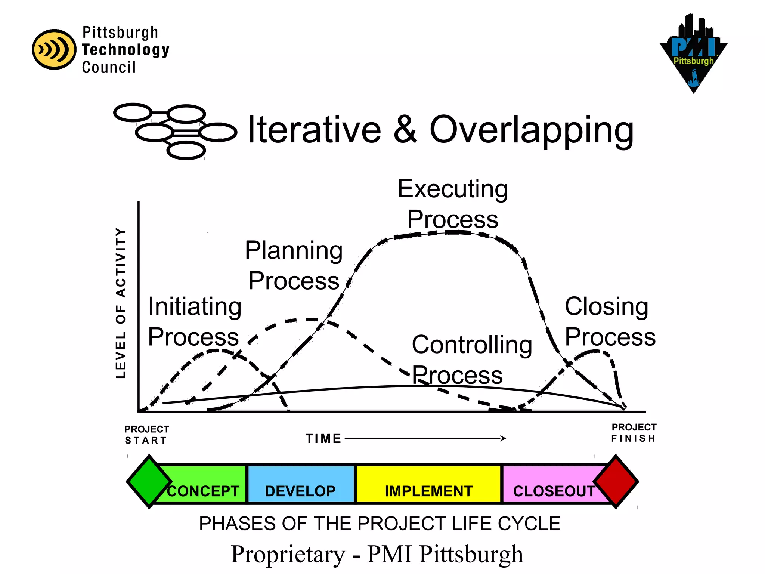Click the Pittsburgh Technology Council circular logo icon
pos(54,49)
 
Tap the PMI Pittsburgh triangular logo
pos(693,54)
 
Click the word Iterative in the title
pos(314,130)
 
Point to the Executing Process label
pos(452,204)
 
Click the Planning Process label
pos(294,265)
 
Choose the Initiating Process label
pos(194,321)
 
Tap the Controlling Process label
pos(471,359)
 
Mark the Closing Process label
pos(610,321)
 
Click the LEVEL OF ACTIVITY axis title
pos(120,303)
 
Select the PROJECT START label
pos(146,435)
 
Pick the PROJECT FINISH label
pos(634,433)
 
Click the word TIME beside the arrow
pos(323,438)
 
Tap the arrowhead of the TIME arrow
pos(504,438)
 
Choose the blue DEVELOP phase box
pos(301,484)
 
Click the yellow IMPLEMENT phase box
pos(428,484)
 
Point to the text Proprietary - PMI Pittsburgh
pos(377,554)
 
